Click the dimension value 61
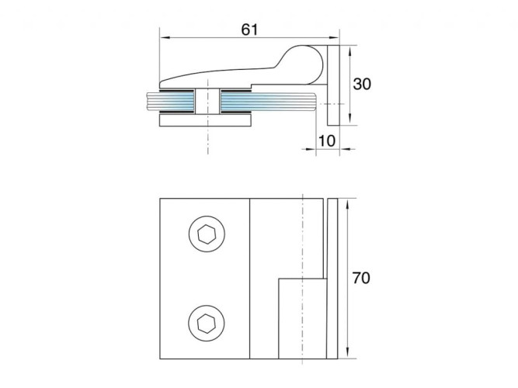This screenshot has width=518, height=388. point(249,29)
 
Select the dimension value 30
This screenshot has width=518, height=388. point(362,85)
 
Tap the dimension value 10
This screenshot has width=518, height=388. point(327,141)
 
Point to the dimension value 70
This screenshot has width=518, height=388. point(361,278)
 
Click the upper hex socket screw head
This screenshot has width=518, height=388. point(207,234)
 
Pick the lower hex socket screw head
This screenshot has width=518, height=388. point(207,323)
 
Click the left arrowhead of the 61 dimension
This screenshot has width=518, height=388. point(165,38)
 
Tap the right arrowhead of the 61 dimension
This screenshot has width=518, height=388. point(334,38)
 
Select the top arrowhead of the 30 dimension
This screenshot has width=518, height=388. point(349,50)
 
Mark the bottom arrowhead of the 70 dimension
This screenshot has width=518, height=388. point(347,353)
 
